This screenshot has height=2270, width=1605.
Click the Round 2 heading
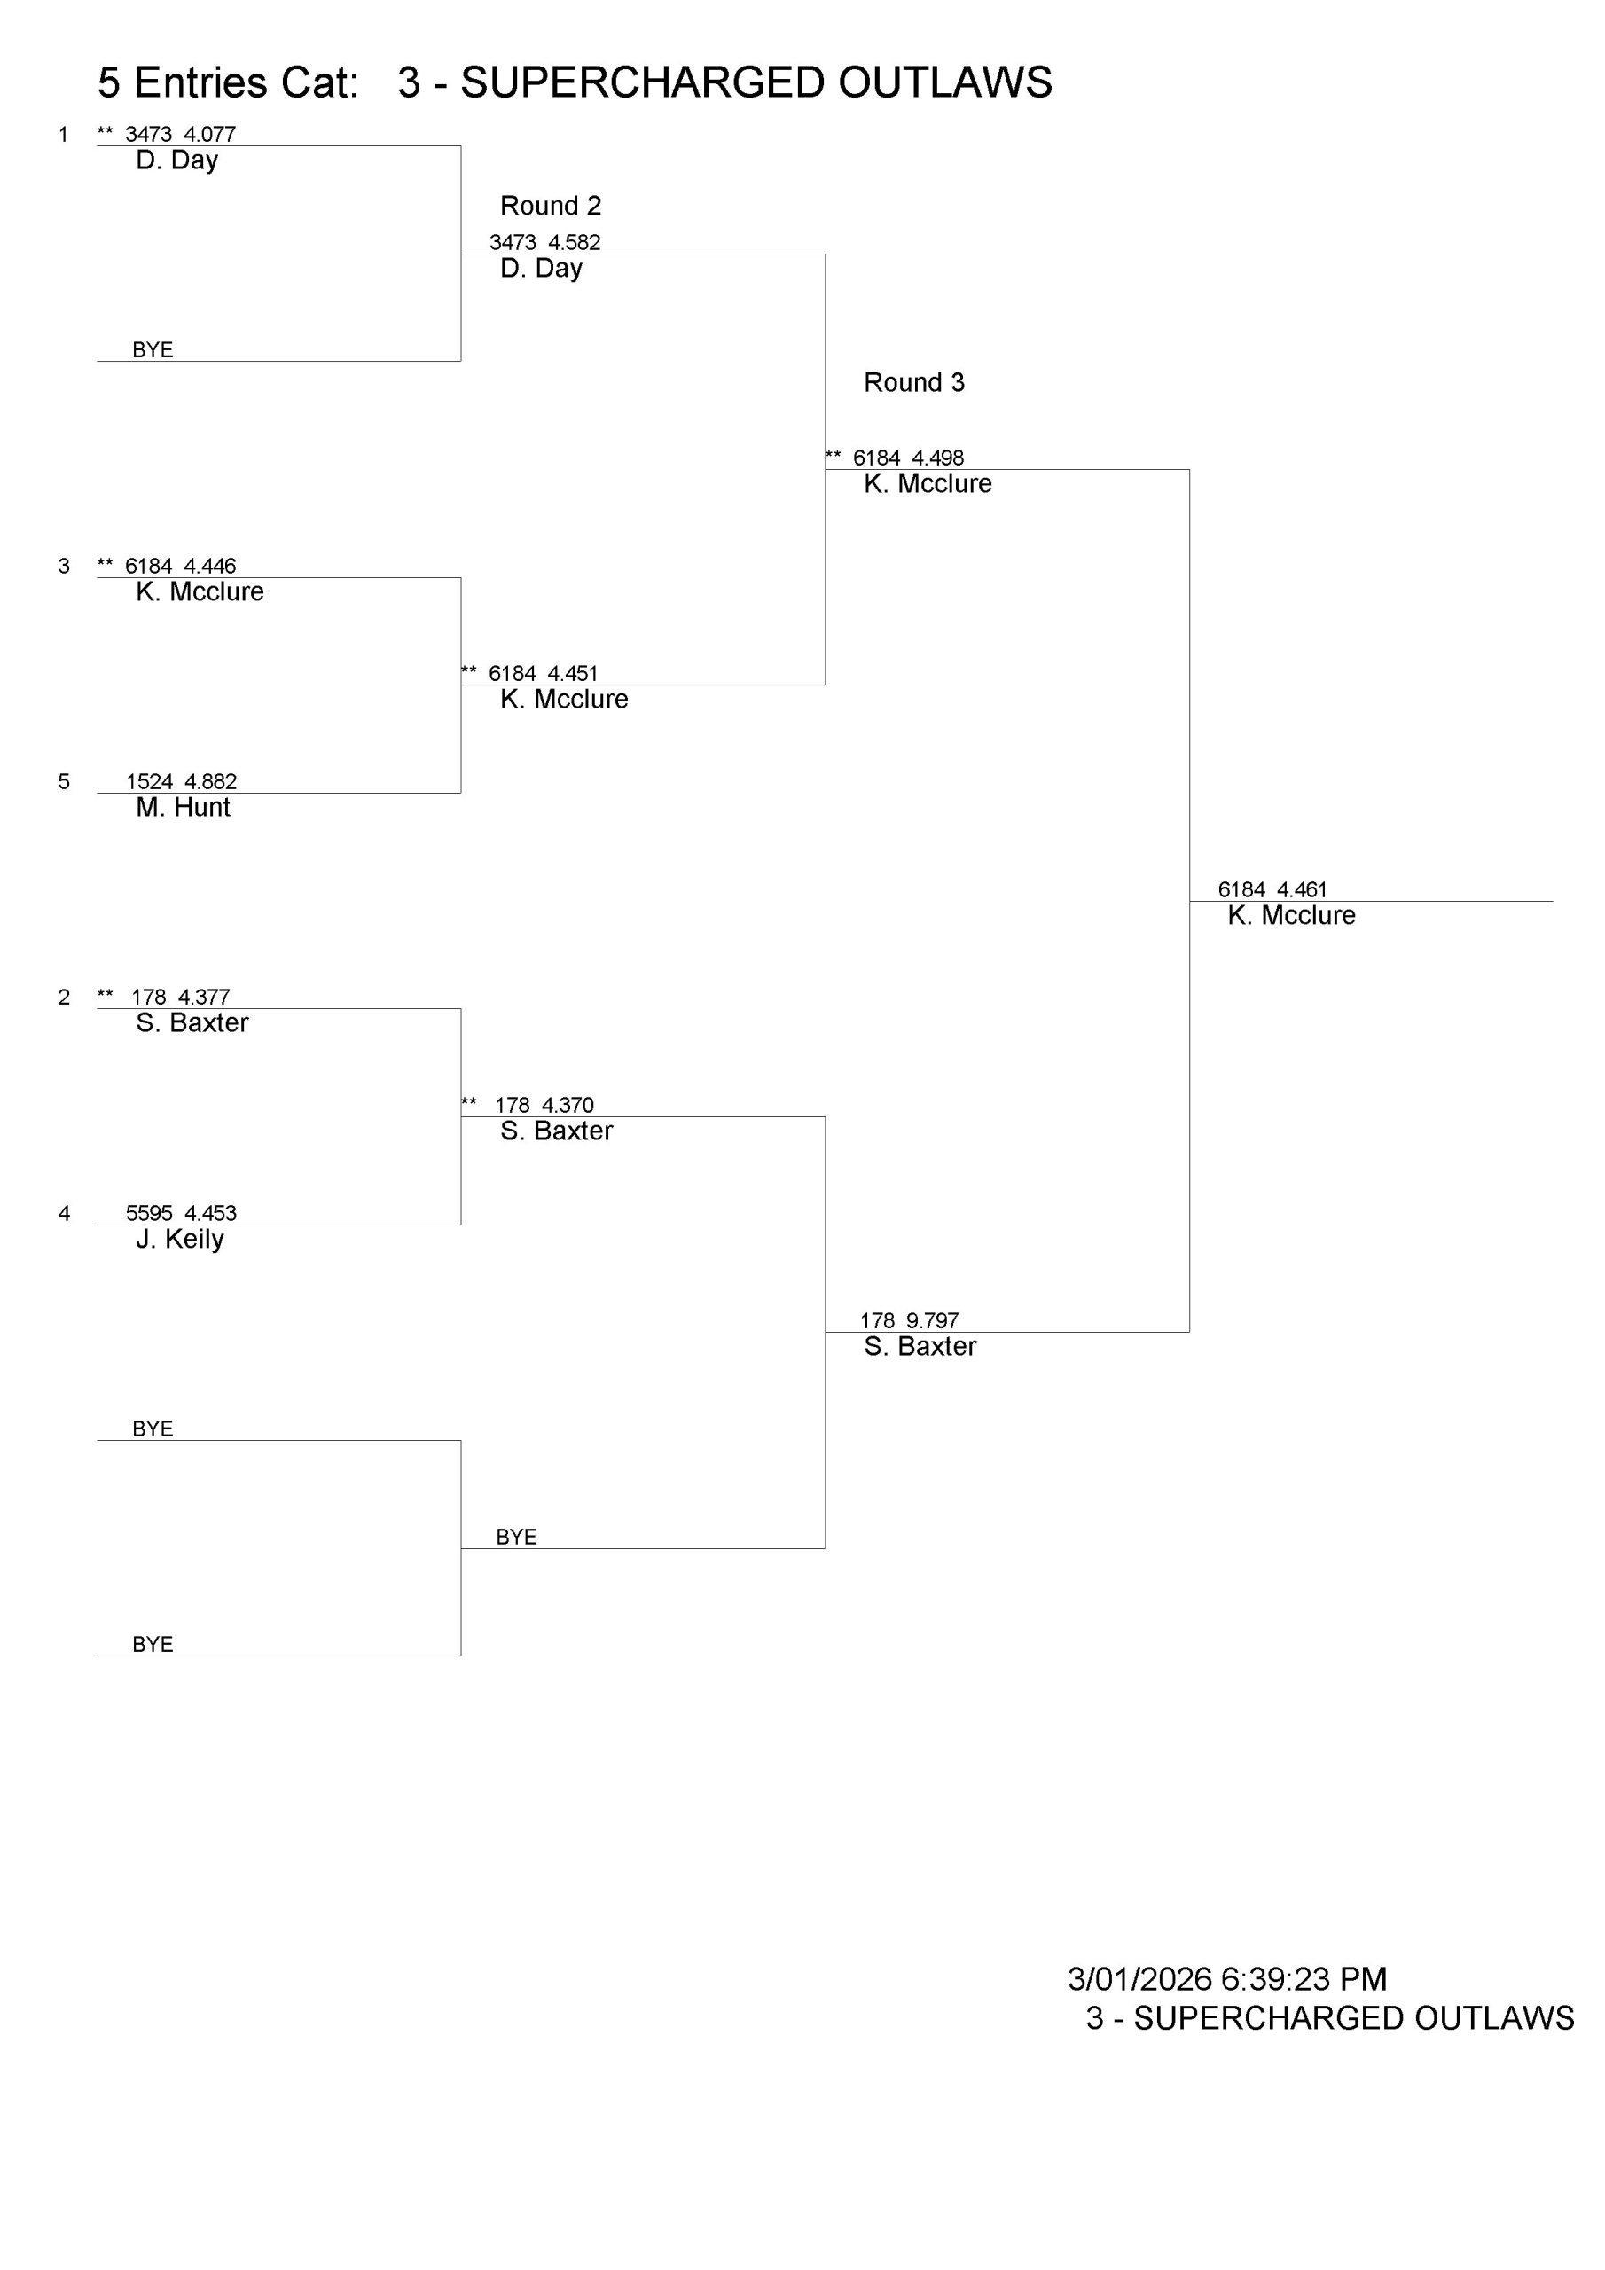coord(550,206)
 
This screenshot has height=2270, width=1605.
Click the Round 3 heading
coord(913,382)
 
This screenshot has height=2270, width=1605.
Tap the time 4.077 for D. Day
coord(209,135)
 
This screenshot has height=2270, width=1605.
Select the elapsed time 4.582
coord(575,242)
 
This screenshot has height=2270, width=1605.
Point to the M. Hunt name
coord(183,808)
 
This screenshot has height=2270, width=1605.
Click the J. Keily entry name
coord(180,1239)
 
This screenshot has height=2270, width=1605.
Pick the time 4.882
coord(211,781)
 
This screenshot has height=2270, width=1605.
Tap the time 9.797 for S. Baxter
coord(933,1321)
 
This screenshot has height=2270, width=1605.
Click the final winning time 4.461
coord(1303,889)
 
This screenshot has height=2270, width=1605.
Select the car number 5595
coord(149,1213)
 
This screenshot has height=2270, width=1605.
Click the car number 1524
coord(149,781)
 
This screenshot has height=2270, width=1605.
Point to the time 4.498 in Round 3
coord(937,458)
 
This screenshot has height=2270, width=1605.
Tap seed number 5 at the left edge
coord(64,781)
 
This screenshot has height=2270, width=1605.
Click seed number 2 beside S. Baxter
coord(64,997)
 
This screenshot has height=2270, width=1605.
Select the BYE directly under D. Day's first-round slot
coord(153,350)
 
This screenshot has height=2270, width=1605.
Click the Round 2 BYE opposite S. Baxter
coord(516,1537)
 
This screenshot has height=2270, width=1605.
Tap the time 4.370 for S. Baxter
coord(568,1106)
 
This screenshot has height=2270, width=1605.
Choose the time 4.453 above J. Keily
coord(211,1213)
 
